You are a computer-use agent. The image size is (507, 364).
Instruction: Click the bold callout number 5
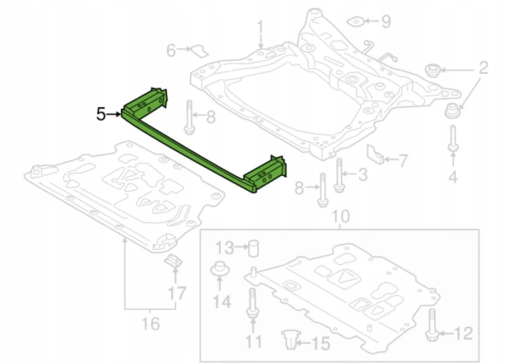coord(101,114)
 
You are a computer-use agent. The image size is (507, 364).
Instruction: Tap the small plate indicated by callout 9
coord(356,22)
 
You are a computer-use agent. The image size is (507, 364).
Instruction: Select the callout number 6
coord(171,51)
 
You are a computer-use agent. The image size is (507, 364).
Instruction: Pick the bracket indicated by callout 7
coord(375,154)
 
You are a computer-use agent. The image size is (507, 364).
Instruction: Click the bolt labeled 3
coord(339,175)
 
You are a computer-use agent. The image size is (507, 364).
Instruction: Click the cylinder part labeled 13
coord(254,248)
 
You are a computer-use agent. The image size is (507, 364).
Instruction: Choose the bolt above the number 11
coord(253,302)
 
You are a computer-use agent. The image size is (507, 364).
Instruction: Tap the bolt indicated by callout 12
coord(431,325)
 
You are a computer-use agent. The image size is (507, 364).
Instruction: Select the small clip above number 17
coord(174,260)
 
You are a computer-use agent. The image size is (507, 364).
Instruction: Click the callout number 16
coord(151,323)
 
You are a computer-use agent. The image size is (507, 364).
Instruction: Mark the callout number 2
coord(483,68)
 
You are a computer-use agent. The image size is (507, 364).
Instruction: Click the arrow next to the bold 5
coord(113,114)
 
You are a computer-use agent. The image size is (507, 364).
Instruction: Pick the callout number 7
coord(403,161)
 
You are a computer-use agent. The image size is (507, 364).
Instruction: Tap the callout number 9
coord(386,22)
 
